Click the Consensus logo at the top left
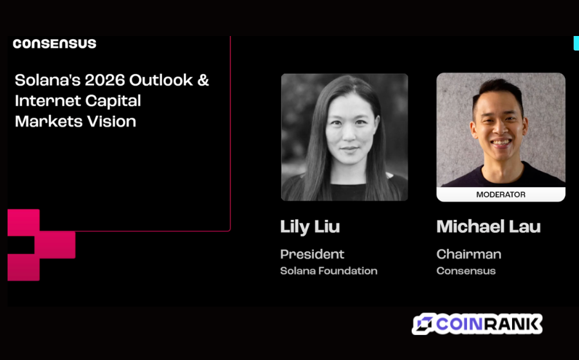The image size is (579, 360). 55,44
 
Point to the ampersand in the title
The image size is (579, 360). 203,80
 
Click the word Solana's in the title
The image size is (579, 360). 48,80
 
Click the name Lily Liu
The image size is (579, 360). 310,227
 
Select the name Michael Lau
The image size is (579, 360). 488,226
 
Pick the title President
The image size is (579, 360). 312,254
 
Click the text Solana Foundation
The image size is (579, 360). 329,271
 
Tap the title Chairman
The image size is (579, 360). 469,254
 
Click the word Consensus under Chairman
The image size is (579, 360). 466,271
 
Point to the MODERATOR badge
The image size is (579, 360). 501,194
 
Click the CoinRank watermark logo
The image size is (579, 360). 477,324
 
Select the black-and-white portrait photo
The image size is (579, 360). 345,137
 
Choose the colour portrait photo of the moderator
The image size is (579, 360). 501,130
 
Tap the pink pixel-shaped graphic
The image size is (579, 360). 41,245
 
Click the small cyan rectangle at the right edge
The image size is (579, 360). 576,43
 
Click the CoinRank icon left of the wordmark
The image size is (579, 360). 423,324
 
